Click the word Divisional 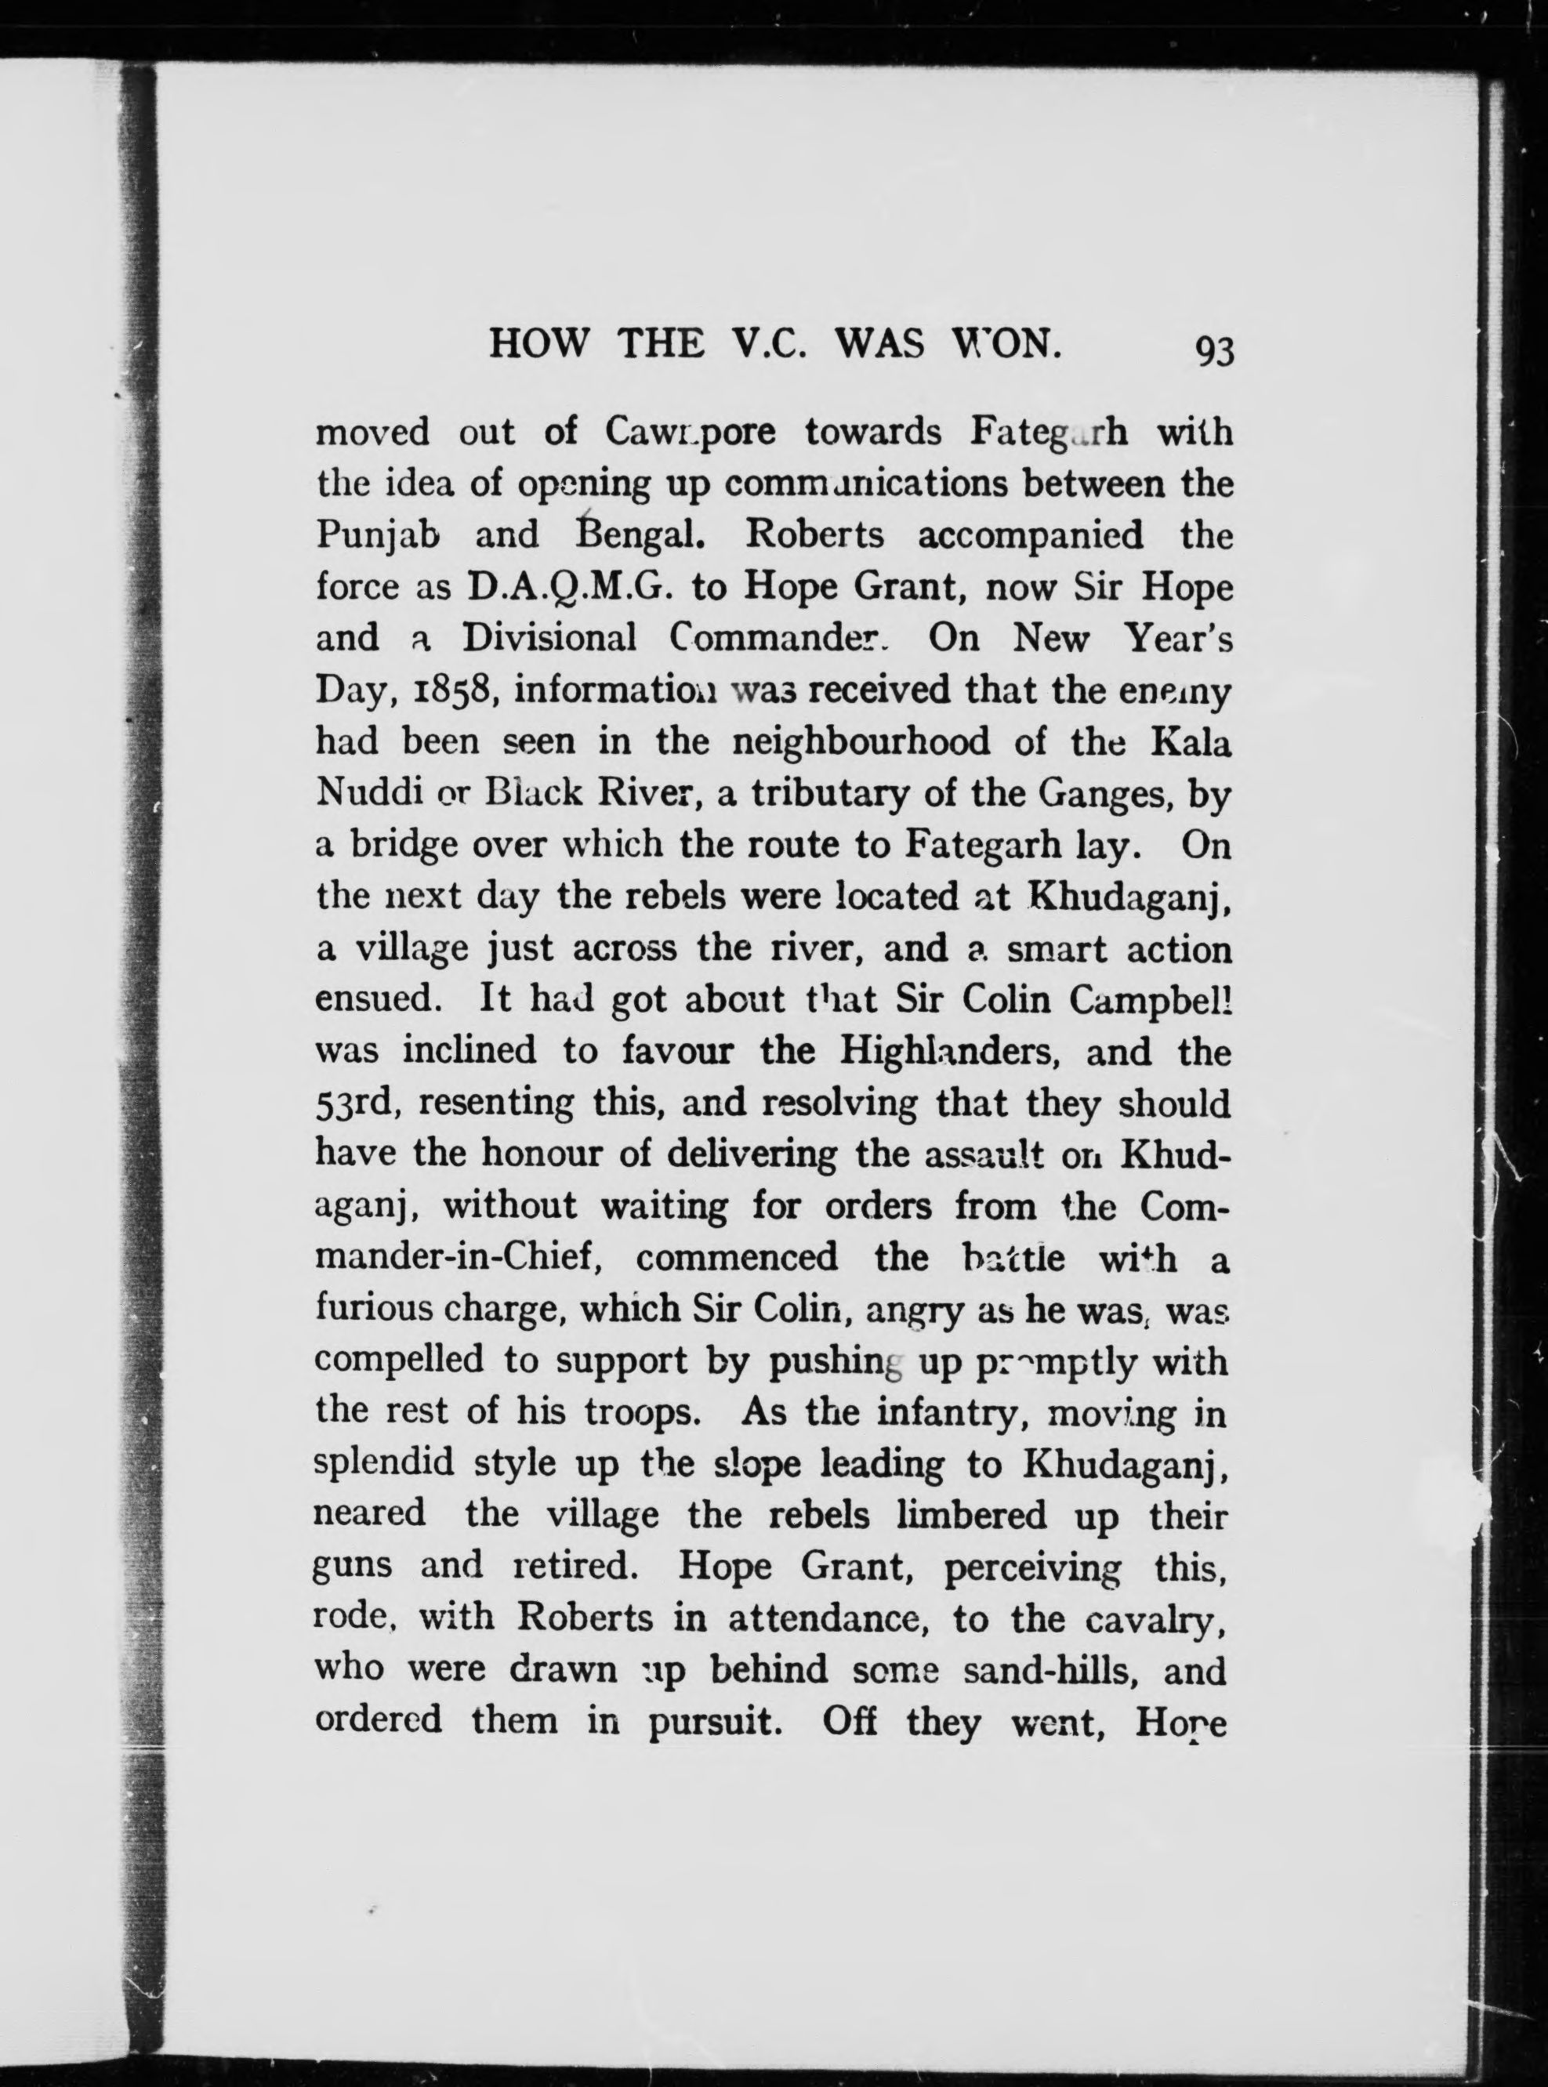click(549, 640)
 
